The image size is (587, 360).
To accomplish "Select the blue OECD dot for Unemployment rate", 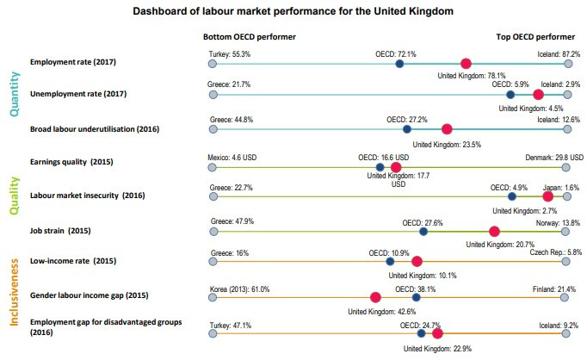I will click(x=510, y=96).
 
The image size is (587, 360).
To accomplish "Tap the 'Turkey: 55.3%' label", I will click(x=231, y=53).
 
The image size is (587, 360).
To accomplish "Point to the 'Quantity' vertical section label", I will click(x=15, y=95).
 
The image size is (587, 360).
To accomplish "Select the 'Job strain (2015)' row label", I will click(x=59, y=231).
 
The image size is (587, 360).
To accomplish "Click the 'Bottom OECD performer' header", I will click(x=250, y=38).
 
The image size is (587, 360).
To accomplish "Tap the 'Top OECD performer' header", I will click(x=535, y=38).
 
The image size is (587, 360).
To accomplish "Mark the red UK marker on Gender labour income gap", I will click(x=375, y=297).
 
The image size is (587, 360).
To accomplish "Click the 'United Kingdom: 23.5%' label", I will click(x=447, y=145).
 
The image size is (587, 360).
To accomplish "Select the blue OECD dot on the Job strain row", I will click(x=423, y=231).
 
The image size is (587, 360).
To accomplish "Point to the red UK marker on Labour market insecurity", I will click(x=547, y=196).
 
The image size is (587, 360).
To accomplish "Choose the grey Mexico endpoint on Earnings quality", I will click(x=213, y=167).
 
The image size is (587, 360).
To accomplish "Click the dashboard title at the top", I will click(x=293, y=13).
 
